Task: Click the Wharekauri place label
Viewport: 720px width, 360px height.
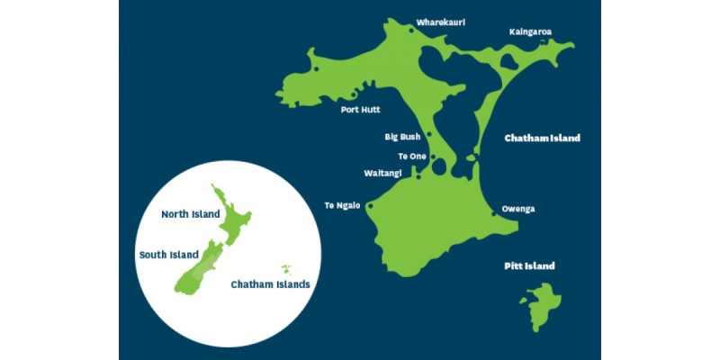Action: coord(440,22)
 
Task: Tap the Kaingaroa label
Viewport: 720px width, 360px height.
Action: coord(530,31)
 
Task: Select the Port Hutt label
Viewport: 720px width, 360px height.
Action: coord(360,110)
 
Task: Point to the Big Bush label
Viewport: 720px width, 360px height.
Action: coord(402,138)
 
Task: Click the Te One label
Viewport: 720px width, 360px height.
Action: coord(411,157)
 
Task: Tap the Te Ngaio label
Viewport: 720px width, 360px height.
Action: coord(342,205)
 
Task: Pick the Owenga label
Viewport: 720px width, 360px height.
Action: coord(518,209)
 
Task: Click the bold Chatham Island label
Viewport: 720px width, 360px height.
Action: coord(542,139)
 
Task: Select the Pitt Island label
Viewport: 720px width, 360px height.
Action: coord(528,266)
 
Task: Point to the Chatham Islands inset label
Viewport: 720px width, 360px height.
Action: coord(270,284)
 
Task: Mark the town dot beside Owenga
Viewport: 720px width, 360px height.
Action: coord(494,214)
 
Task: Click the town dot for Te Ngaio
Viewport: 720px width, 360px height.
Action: coord(370,205)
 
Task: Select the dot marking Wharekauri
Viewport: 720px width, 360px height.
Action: coord(411,31)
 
